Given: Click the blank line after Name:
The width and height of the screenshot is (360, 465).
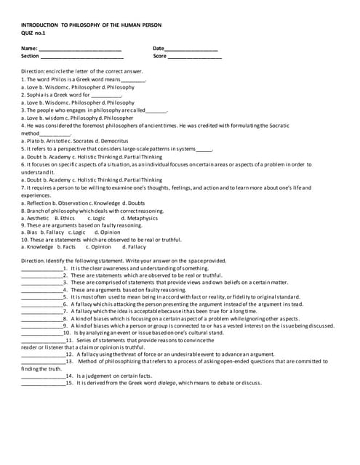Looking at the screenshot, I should pos(80,49).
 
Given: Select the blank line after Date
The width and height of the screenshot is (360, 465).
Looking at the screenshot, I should pos(192,49).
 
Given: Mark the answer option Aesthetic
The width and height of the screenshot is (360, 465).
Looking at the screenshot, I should pos(36,217).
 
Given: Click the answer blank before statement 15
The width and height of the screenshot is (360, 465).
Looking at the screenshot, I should pos(43,382).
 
